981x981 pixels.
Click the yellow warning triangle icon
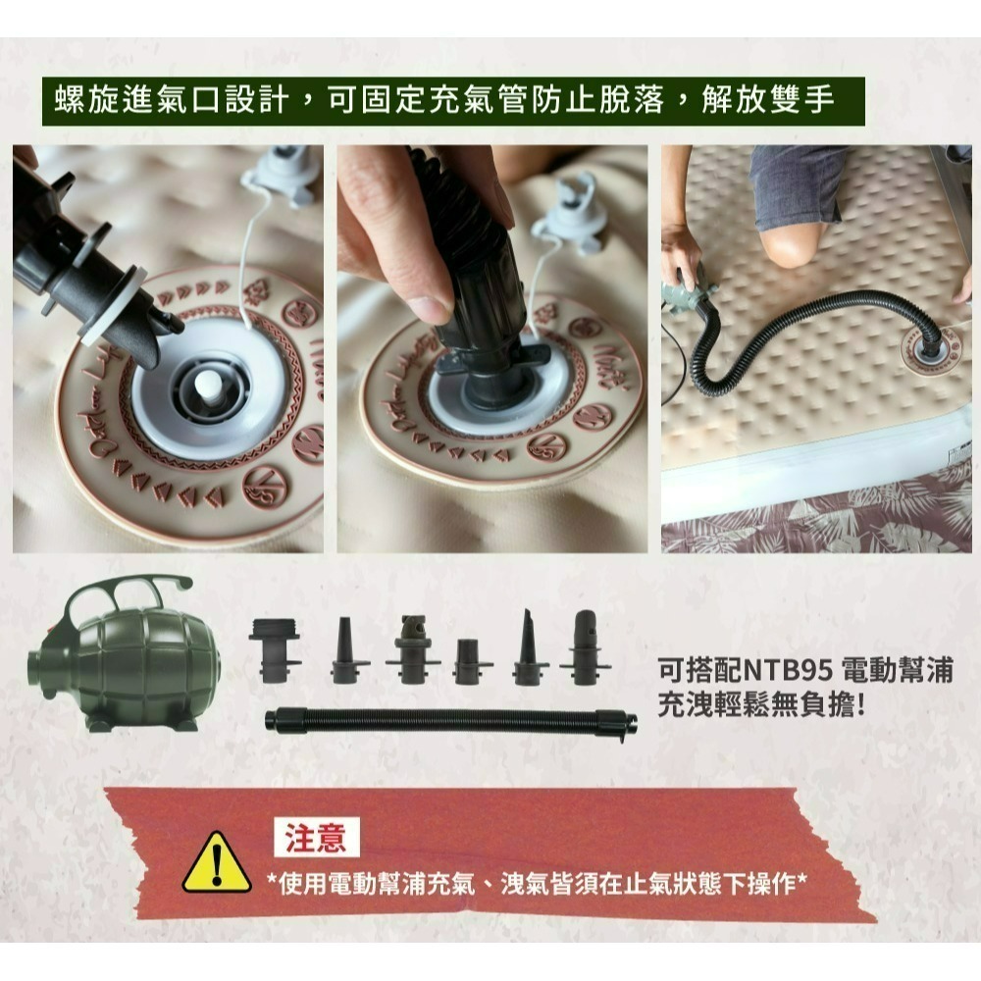coord(217,862)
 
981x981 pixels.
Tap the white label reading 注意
coord(316,838)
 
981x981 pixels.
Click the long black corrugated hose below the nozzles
coord(451,723)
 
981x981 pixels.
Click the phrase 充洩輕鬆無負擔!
coord(761,706)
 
